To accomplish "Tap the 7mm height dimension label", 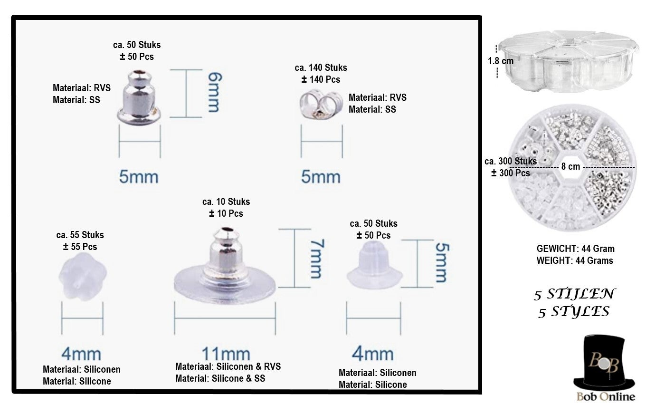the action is coord(317,259).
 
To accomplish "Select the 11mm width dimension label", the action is coord(226,354).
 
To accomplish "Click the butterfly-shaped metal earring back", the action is coord(321,105).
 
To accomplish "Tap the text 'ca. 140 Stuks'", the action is coord(321,67).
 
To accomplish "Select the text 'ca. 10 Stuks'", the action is coord(226,202).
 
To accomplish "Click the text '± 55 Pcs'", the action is coord(80,247).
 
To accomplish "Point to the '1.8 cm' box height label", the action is coord(501,61).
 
